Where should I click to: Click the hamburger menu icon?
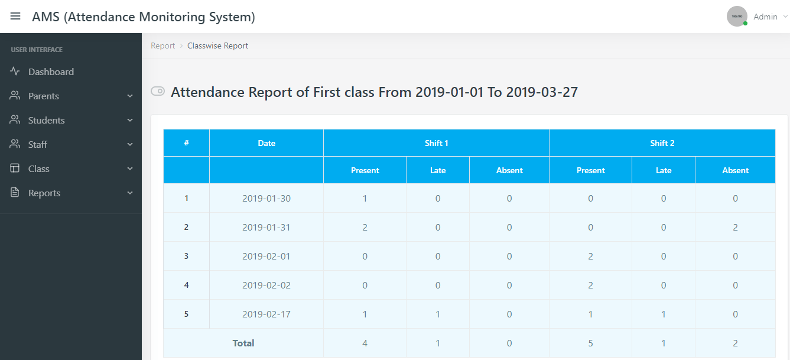point(15,17)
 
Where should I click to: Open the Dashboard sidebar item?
point(51,72)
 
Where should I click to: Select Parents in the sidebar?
point(43,96)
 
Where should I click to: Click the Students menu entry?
point(46,120)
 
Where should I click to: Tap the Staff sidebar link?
point(37,144)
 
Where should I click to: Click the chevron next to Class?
point(130,169)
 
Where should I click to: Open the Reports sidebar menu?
point(44,193)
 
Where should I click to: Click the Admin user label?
point(765,17)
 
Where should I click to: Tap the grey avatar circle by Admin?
point(737,17)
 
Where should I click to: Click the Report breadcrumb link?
point(162,46)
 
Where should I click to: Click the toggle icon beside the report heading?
point(158,91)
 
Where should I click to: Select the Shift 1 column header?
point(436,143)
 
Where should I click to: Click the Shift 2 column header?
point(662,143)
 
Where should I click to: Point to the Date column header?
point(266,143)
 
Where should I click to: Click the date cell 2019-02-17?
point(266,314)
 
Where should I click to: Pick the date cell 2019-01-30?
point(266,199)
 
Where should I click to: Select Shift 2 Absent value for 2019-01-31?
point(735,228)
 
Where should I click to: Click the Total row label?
point(243,343)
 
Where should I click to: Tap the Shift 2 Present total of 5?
point(590,343)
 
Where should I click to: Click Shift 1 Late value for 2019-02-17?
point(438,314)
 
